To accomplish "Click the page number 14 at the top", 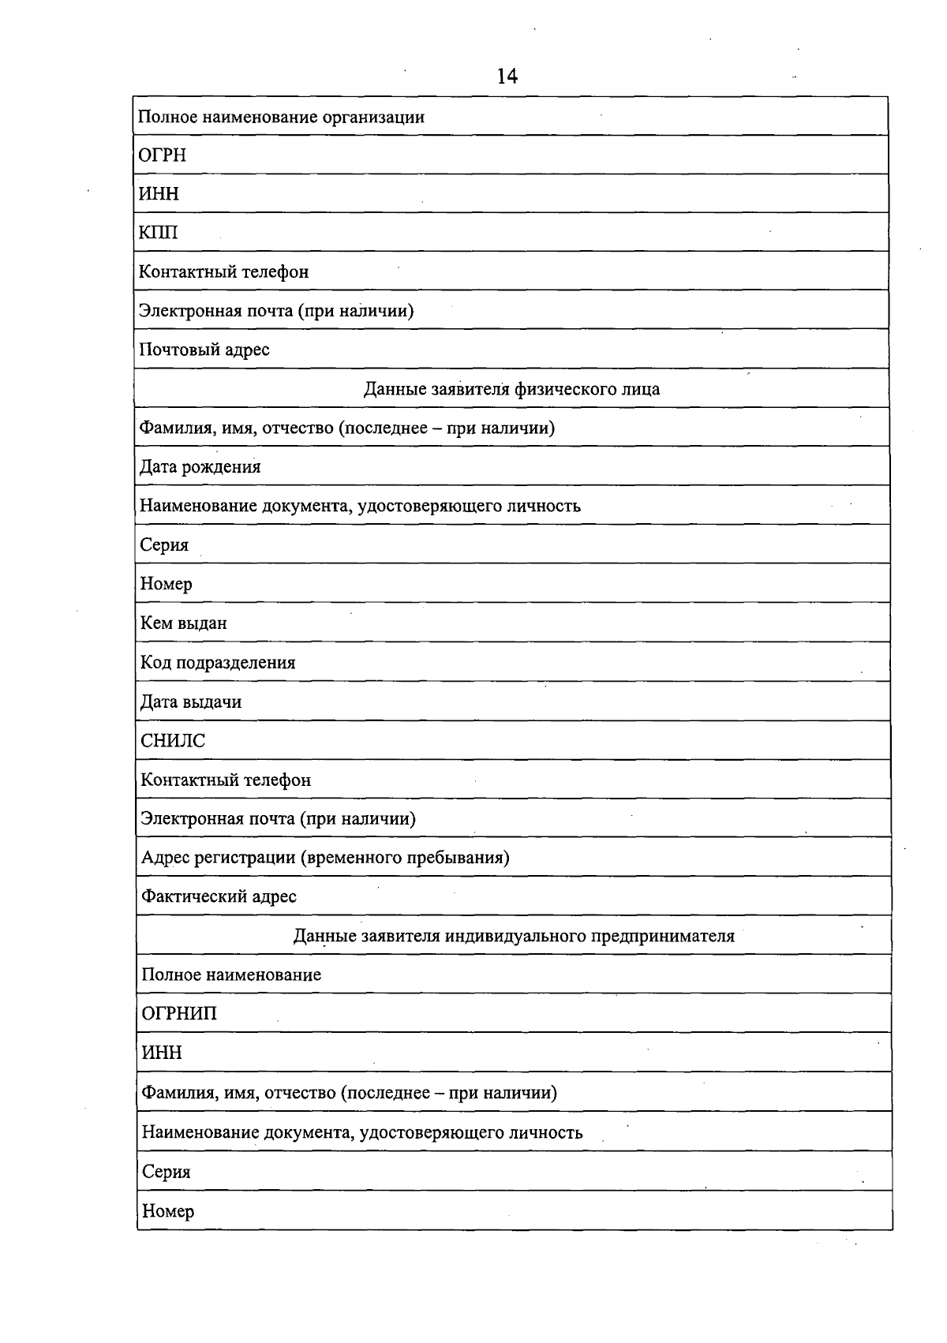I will click(x=507, y=76).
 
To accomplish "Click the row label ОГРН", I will click(x=163, y=155).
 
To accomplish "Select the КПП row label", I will click(x=159, y=232).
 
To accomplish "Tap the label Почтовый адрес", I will click(x=204, y=349).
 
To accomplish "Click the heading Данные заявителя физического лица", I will click(x=511, y=388).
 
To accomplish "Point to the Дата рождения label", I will click(x=200, y=466).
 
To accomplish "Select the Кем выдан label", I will click(x=183, y=623).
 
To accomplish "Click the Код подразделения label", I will click(x=218, y=662).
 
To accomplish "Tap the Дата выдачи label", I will click(x=191, y=701).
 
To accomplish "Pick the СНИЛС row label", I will click(x=173, y=740).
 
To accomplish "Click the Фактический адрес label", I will click(x=219, y=896).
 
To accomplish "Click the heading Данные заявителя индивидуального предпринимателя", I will click(x=514, y=936).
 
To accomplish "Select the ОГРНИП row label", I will click(x=179, y=1013).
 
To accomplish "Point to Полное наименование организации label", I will click(x=282, y=117).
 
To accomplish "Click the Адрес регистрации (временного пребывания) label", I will click(x=325, y=857).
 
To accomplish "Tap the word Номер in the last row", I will click(x=168, y=1210).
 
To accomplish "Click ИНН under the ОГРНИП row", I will click(x=162, y=1053).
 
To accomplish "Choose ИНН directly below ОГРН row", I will click(x=159, y=193).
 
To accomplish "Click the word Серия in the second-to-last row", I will click(x=167, y=1172).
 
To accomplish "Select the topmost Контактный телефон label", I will click(x=224, y=271).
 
